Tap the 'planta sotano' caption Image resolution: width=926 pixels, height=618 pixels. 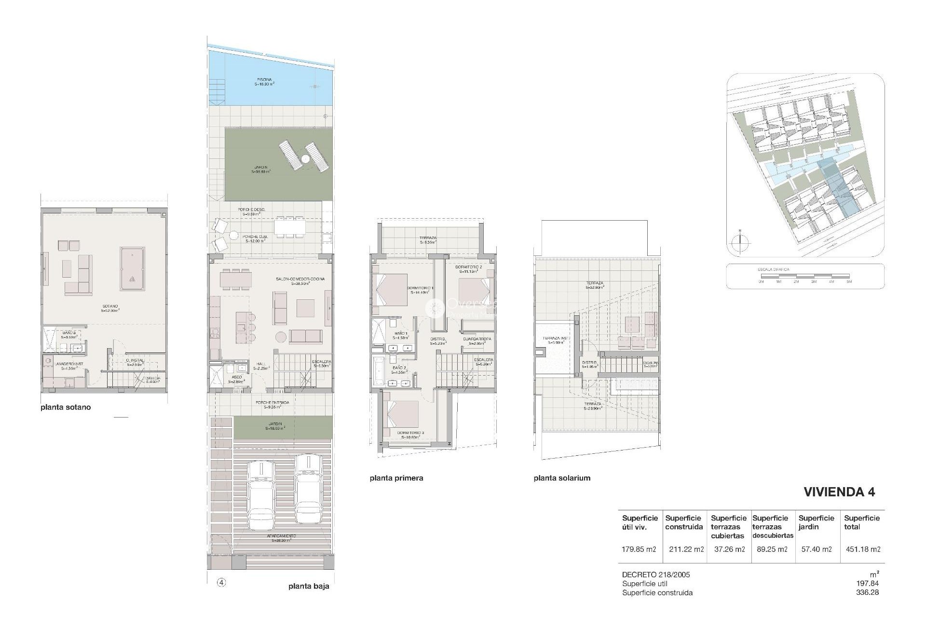click(x=66, y=407)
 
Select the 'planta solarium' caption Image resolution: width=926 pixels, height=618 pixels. click(x=562, y=478)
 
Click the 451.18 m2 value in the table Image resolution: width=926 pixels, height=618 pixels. click(x=863, y=549)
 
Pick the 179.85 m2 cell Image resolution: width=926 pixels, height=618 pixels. click(x=639, y=549)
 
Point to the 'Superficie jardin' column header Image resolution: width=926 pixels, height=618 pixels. click(x=816, y=522)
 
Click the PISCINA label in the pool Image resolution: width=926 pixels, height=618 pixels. click(x=264, y=80)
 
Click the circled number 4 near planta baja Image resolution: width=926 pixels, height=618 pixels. click(x=221, y=582)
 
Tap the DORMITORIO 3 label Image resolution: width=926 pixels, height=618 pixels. click(x=410, y=433)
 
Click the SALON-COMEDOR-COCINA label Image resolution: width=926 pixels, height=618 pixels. click(x=300, y=279)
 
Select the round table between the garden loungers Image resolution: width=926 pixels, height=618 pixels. click(x=305, y=158)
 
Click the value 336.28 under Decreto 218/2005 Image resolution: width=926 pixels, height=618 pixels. click(x=867, y=592)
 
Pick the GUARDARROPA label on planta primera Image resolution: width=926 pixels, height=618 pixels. click(x=477, y=339)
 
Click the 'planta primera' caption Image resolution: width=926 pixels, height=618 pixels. click(x=396, y=478)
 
